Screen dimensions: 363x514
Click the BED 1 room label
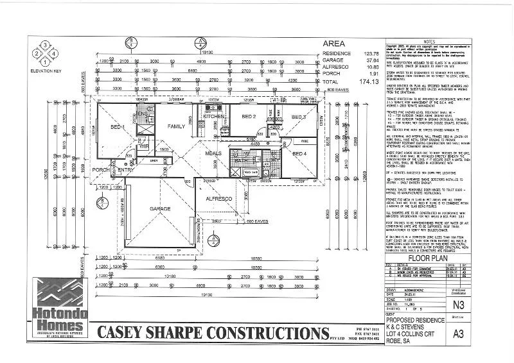(x=120, y=128)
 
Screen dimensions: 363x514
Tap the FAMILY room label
(x=175, y=126)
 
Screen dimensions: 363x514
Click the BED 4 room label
(x=299, y=154)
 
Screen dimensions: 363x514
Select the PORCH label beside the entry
(x=100, y=170)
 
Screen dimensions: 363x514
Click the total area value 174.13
(x=367, y=83)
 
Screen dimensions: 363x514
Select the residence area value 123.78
(x=367, y=54)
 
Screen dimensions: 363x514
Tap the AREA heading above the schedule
(x=334, y=44)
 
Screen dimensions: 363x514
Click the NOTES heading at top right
(x=448, y=40)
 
